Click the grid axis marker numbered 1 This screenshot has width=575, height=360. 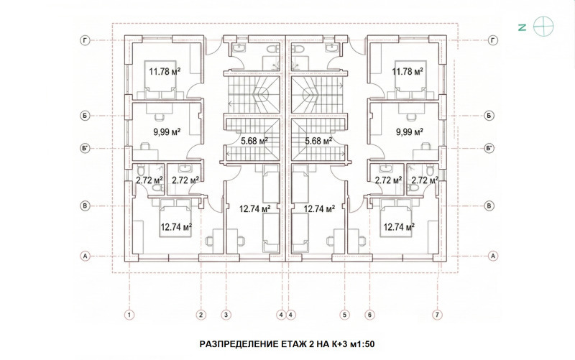click(129, 315)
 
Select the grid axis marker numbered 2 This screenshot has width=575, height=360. click(201, 315)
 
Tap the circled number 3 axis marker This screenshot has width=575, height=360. click(226, 315)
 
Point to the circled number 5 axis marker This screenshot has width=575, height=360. click(345, 315)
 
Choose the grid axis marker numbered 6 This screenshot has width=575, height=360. click(369, 315)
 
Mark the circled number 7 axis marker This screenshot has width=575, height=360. click(437, 315)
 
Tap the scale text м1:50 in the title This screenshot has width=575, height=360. click(362, 344)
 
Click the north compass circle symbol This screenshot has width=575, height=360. click(543, 27)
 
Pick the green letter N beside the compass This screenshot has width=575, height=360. click(523, 27)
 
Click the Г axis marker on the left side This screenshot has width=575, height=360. click(85, 41)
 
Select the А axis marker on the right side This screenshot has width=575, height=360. click(493, 256)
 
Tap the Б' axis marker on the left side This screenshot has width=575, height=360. click(85, 149)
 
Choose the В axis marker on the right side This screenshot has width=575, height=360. click(489, 206)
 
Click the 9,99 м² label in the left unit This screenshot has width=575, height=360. click(167, 132)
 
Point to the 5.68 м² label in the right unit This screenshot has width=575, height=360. click(318, 140)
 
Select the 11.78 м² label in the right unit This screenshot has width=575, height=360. click(408, 71)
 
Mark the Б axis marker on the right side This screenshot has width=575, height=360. click(489, 116)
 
